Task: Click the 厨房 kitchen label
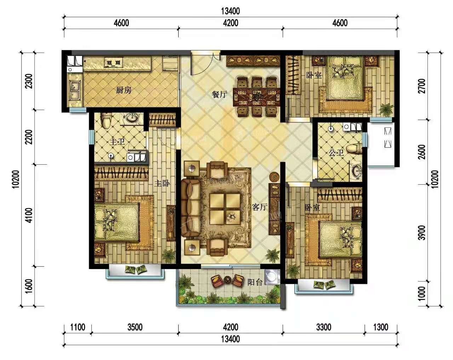click(x=124, y=90)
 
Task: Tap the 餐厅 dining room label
click(x=219, y=94)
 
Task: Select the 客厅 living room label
click(x=260, y=207)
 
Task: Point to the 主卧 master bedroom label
click(x=162, y=183)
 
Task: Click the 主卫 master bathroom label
click(x=117, y=142)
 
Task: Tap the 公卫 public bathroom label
click(x=336, y=153)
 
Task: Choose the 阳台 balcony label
click(x=255, y=282)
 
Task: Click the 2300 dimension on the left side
click(x=29, y=81)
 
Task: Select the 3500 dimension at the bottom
click(x=135, y=327)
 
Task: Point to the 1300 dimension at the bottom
click(x=381, y=327)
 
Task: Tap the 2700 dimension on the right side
click(x=422, y=86)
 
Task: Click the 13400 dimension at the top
click(x=230, y=11)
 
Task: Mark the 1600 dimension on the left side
click(x=29, y=286)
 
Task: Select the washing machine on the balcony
click(x=273, y=277)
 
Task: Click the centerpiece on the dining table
click(x=257, y=97)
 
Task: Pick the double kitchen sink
click(x=74, y=90)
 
